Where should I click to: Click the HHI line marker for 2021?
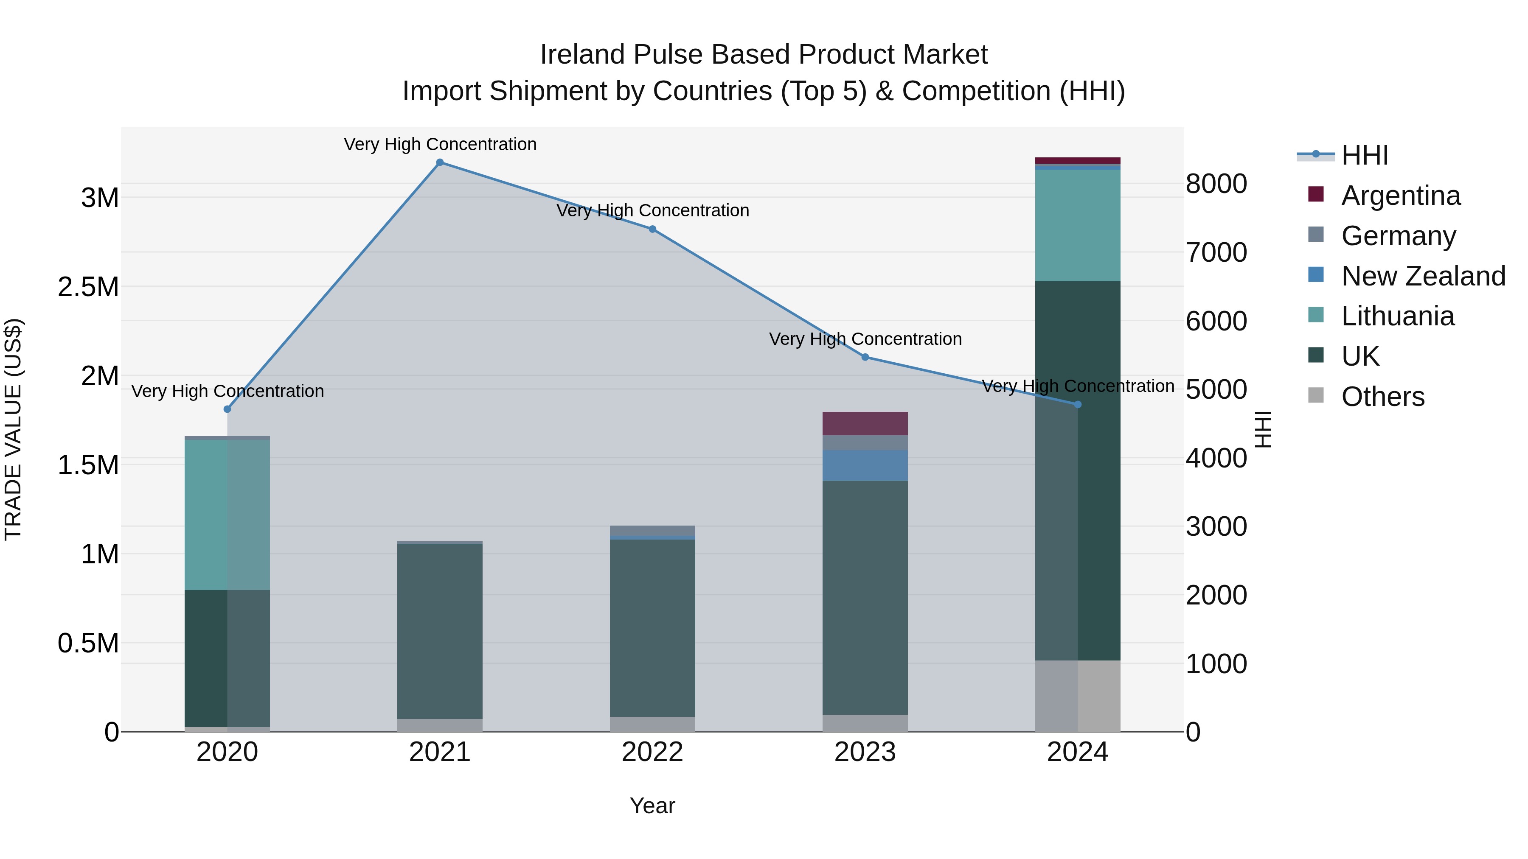pos(440,162)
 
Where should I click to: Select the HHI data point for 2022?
pos(652,229)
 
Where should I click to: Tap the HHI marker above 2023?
pos(865,357)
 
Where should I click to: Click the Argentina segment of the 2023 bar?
pos(865,423)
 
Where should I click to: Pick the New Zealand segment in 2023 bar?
pos(865,465)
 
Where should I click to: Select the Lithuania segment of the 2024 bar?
pos(1077,225)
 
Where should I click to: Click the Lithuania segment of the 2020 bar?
pos(227,514)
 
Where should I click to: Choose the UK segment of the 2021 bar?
pos(440,631)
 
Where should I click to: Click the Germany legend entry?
pos(1398,236)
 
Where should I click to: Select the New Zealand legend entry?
pos(1422,276)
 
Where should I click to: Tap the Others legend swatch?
pos(1316,395)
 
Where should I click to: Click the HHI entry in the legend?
pos(1364,155)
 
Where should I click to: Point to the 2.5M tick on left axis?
pos(88,287)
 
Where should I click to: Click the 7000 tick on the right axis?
pos(1216,252)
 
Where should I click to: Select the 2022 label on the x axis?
pos(652,752)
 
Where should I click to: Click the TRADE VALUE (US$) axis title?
pos(13,429)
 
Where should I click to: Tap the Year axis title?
pos(652,806)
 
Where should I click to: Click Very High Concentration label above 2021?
pos(440,144)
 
